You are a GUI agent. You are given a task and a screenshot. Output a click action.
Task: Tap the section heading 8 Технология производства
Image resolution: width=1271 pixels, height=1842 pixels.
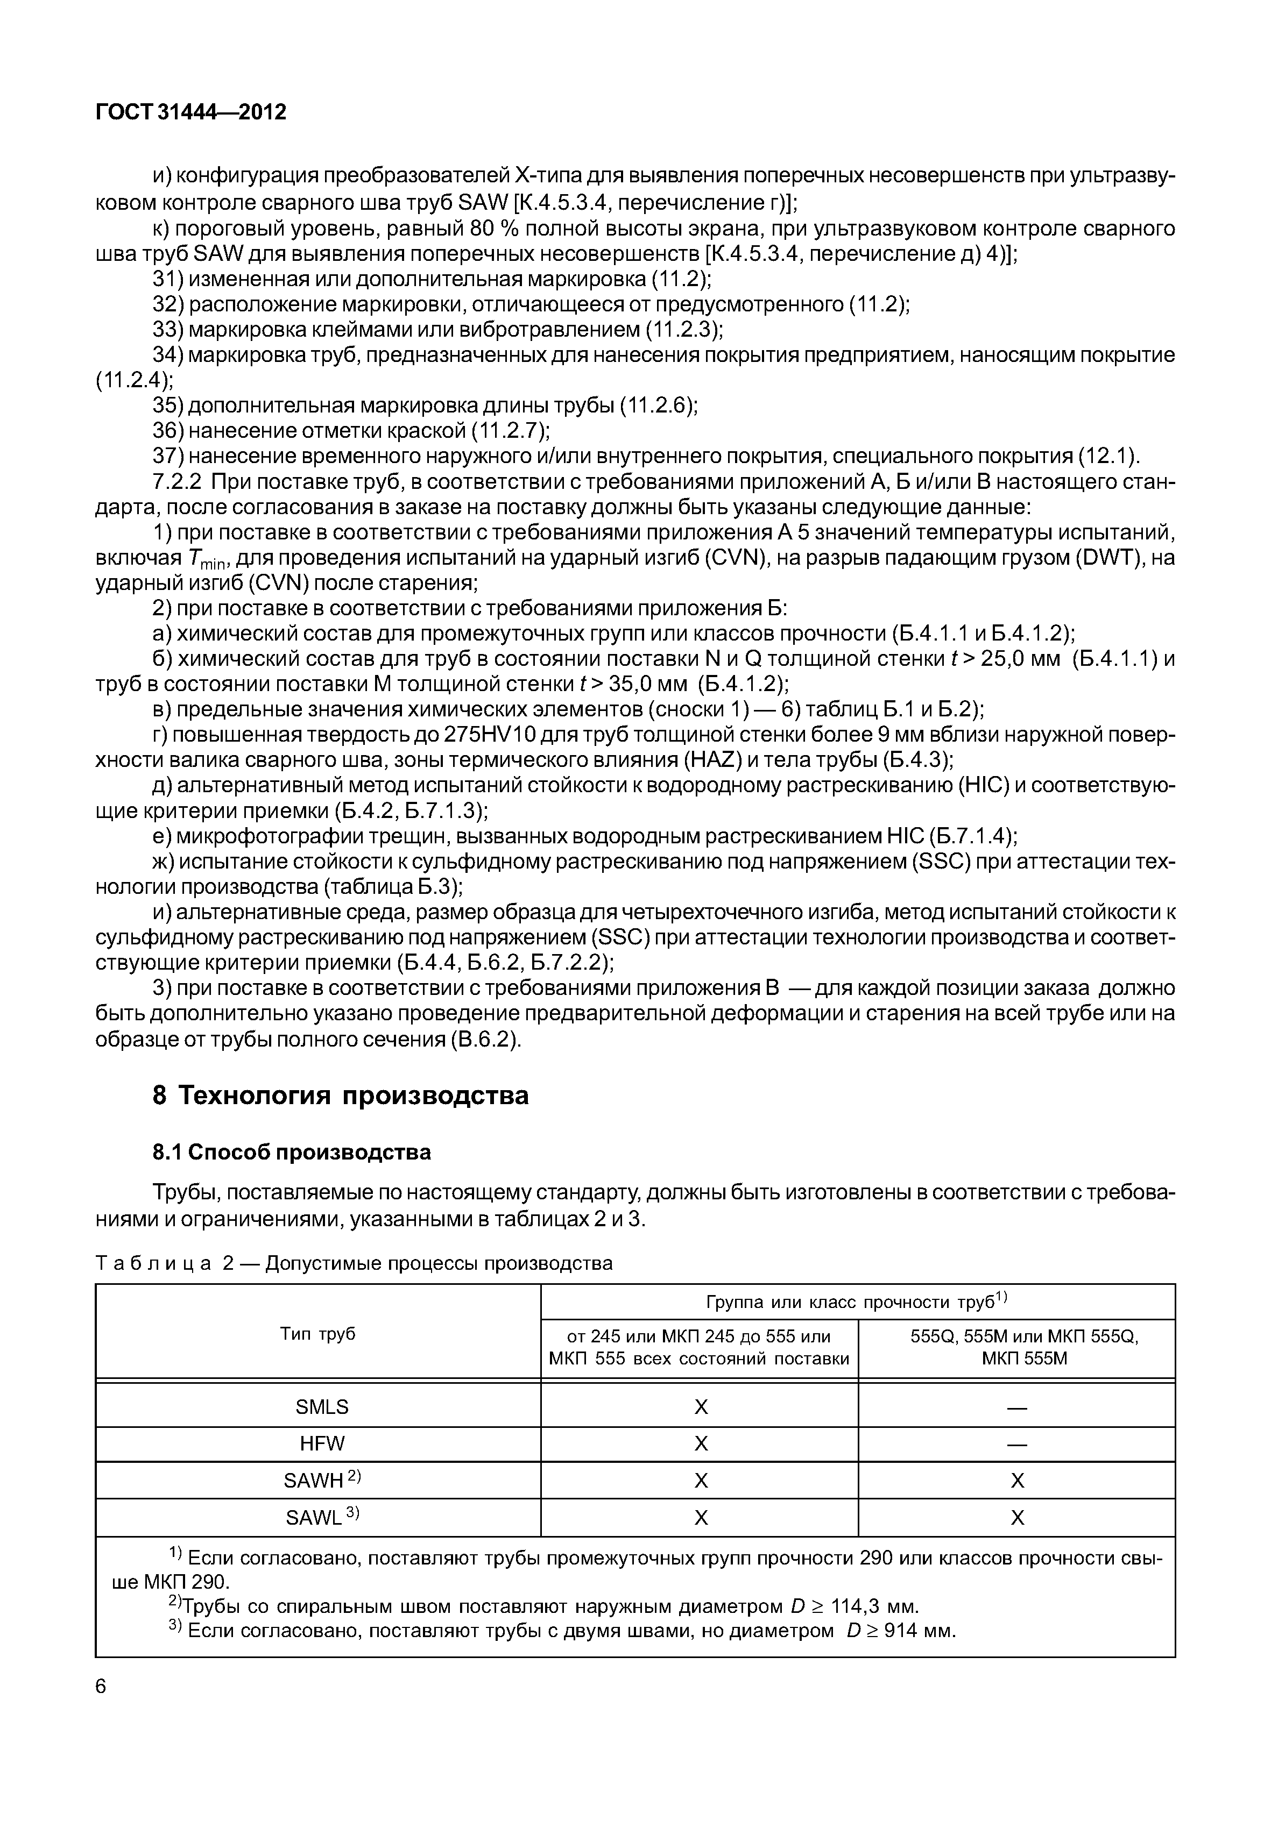click(340, 1096)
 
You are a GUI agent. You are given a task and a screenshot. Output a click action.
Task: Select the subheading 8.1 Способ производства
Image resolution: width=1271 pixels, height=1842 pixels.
click(292, 1152)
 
